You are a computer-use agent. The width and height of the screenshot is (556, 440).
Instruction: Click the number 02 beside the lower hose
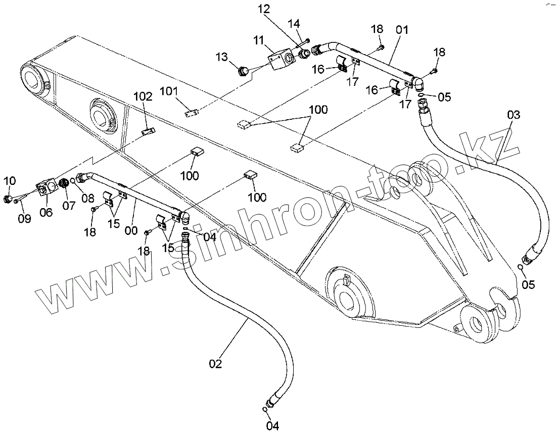pos(216,364)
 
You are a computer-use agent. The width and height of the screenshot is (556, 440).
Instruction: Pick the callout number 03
pos(513,115)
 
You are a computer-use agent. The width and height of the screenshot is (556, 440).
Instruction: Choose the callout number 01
pos(402,29)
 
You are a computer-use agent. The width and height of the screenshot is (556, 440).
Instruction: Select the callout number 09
pos(24,218)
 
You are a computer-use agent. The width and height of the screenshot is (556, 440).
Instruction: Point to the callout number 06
pos(46,213)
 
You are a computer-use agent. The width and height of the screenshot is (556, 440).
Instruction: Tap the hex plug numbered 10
pos(9,198)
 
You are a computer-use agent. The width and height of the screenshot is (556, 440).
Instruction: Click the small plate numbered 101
pos(191,114)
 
